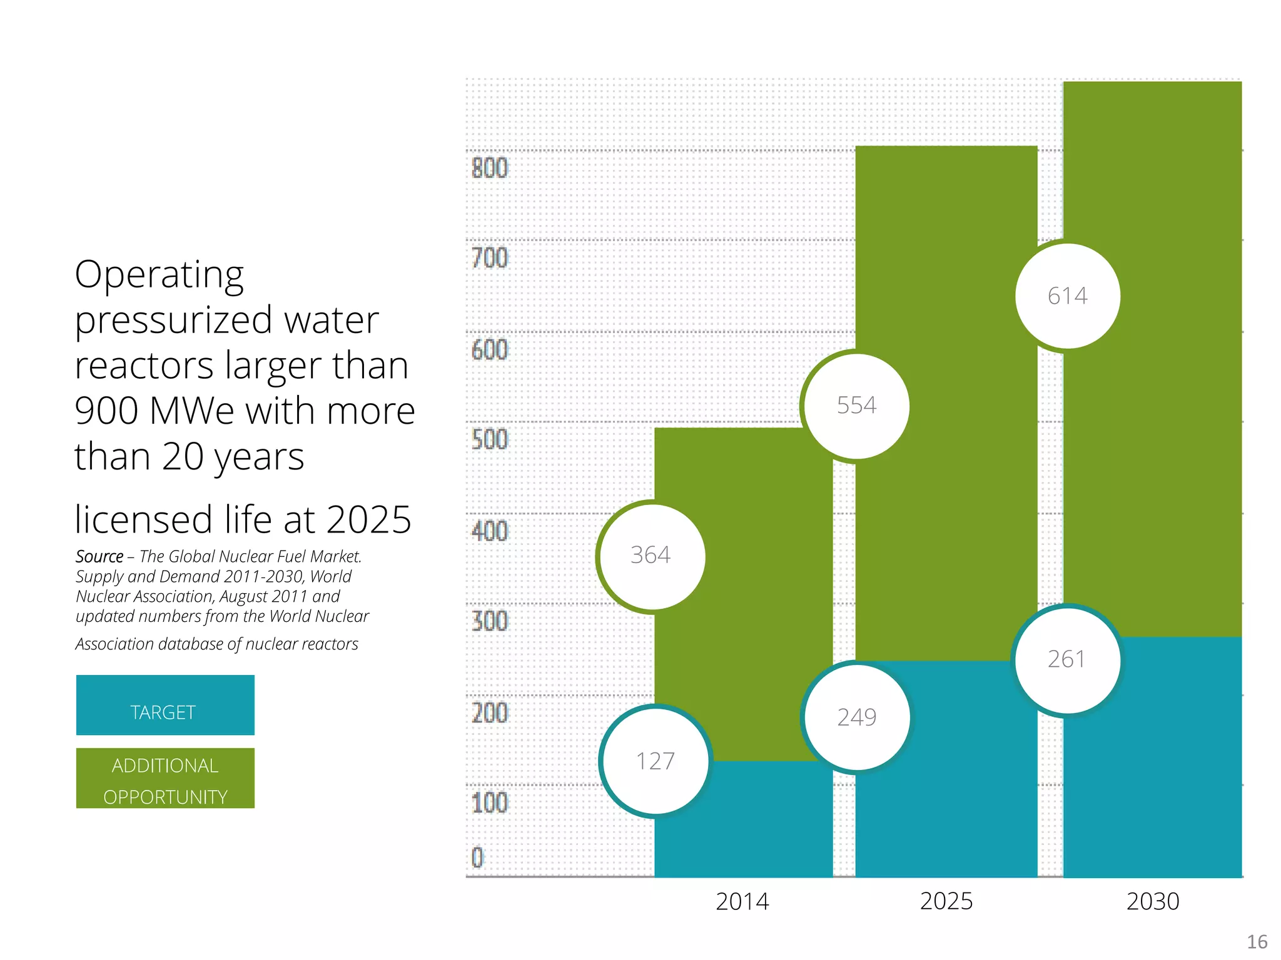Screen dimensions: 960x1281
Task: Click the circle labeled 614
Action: click(1068, 296)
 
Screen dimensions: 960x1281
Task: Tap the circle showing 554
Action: click(857, 406)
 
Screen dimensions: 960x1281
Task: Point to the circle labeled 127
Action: click(656, 761)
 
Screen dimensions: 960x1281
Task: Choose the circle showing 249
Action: click(857, 717)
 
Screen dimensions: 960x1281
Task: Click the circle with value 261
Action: click(1067, 660)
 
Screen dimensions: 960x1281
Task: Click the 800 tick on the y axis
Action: click(490, 169)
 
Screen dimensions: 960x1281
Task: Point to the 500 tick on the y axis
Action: click(490, 440)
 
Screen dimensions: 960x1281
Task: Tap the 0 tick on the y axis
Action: click(478, 857)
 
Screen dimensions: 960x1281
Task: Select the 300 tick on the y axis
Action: click(490, 621)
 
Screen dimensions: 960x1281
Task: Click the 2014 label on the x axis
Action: click(742, 902)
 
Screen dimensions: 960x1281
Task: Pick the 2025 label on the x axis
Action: click(946, 902)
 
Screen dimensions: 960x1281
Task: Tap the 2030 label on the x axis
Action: click(1153, 902)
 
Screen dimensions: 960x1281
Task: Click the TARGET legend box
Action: click(165, 705)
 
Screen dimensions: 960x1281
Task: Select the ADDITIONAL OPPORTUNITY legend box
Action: click(165, 778)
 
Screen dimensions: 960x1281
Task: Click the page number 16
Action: click(1257, 942)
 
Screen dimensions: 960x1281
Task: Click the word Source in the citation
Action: click(99, 556)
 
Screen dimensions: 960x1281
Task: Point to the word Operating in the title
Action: click(159, 275)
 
